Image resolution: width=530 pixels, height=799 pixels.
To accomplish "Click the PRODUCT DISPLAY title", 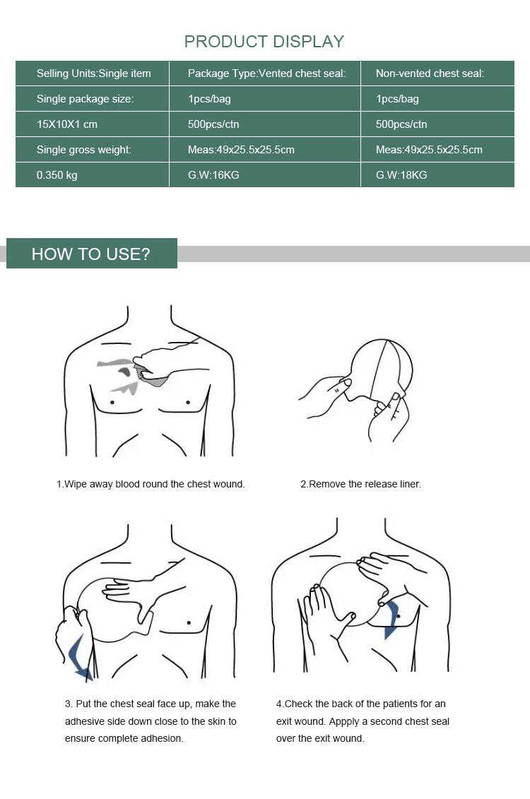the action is tap(264, 41).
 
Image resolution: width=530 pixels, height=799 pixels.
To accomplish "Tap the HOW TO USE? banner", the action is tap(92, 253).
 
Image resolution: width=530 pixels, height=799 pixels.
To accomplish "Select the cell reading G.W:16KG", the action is tap(264, 174).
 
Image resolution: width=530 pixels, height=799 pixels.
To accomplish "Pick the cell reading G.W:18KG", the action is tap(437, 174).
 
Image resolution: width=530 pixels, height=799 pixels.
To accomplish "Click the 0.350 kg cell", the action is tap(93, 174).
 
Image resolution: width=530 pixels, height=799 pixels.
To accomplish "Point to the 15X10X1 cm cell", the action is tap(93, 124).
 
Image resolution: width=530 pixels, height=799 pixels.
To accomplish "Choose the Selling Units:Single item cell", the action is tap(93, 73).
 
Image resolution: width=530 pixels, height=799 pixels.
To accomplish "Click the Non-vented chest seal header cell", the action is tap(437, 73).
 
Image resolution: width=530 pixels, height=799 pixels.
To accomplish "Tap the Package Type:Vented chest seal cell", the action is tap(264, 73).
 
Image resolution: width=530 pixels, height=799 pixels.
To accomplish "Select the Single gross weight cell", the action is tap(93, 149).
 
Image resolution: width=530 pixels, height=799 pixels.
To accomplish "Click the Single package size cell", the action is tap(93, 98).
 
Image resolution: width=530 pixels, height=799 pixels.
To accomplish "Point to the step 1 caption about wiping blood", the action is tap(151, 484).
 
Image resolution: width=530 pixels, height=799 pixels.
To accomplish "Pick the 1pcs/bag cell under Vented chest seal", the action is tap(264, 98).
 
